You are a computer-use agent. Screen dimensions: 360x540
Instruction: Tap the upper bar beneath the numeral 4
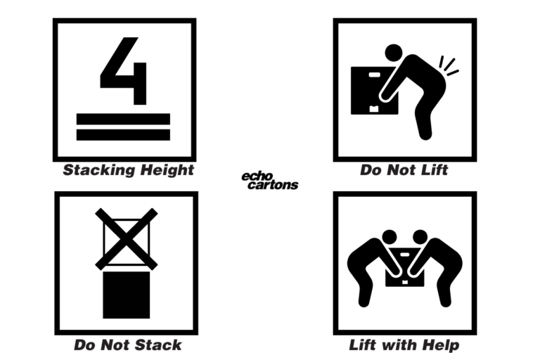124,117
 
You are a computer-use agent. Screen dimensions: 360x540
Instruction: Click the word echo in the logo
257,176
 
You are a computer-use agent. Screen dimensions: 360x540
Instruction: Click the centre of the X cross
127,239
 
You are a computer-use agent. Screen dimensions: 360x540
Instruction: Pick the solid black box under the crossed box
127,295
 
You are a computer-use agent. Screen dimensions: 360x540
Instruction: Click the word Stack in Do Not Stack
158,345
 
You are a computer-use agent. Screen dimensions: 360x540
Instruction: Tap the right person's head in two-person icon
420,236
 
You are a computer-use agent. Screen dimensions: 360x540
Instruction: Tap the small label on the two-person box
405,282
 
